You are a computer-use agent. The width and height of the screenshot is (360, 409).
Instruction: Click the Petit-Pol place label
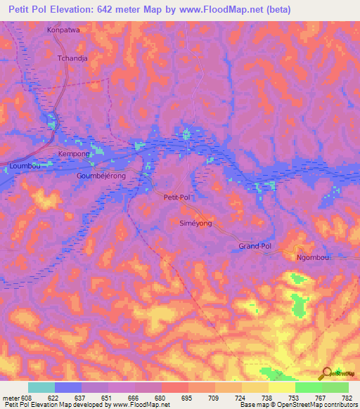[177, 197]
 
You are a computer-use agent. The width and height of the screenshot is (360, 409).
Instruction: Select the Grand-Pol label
[255, 247]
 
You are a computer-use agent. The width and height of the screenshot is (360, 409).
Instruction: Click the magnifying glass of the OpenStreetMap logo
[325, 372]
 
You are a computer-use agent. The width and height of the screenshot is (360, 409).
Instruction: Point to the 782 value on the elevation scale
[347, 398]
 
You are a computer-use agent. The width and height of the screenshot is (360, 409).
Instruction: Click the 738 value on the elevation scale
[267, 398]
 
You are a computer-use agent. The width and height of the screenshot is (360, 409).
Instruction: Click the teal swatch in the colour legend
[41, 387]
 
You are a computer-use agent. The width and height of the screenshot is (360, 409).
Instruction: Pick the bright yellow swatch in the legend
[282, 387]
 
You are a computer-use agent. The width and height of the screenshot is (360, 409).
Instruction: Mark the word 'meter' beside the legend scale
[11, 398]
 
